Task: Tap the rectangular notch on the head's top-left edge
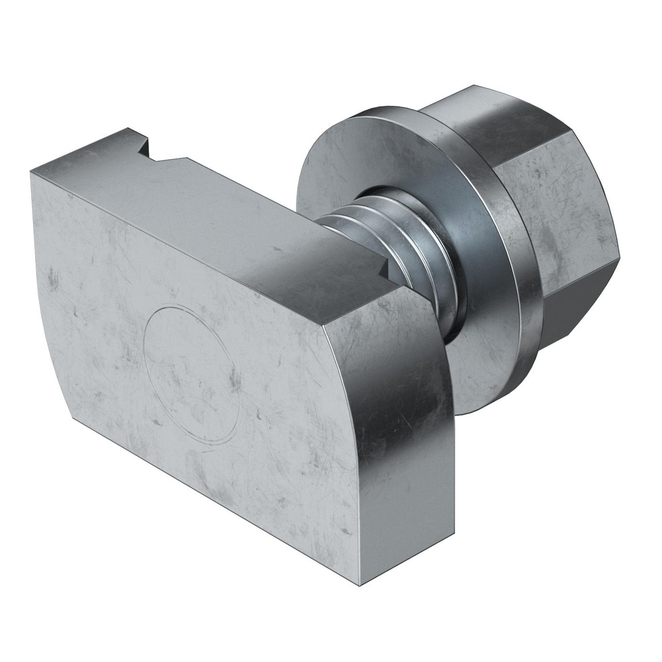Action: (154, 150)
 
